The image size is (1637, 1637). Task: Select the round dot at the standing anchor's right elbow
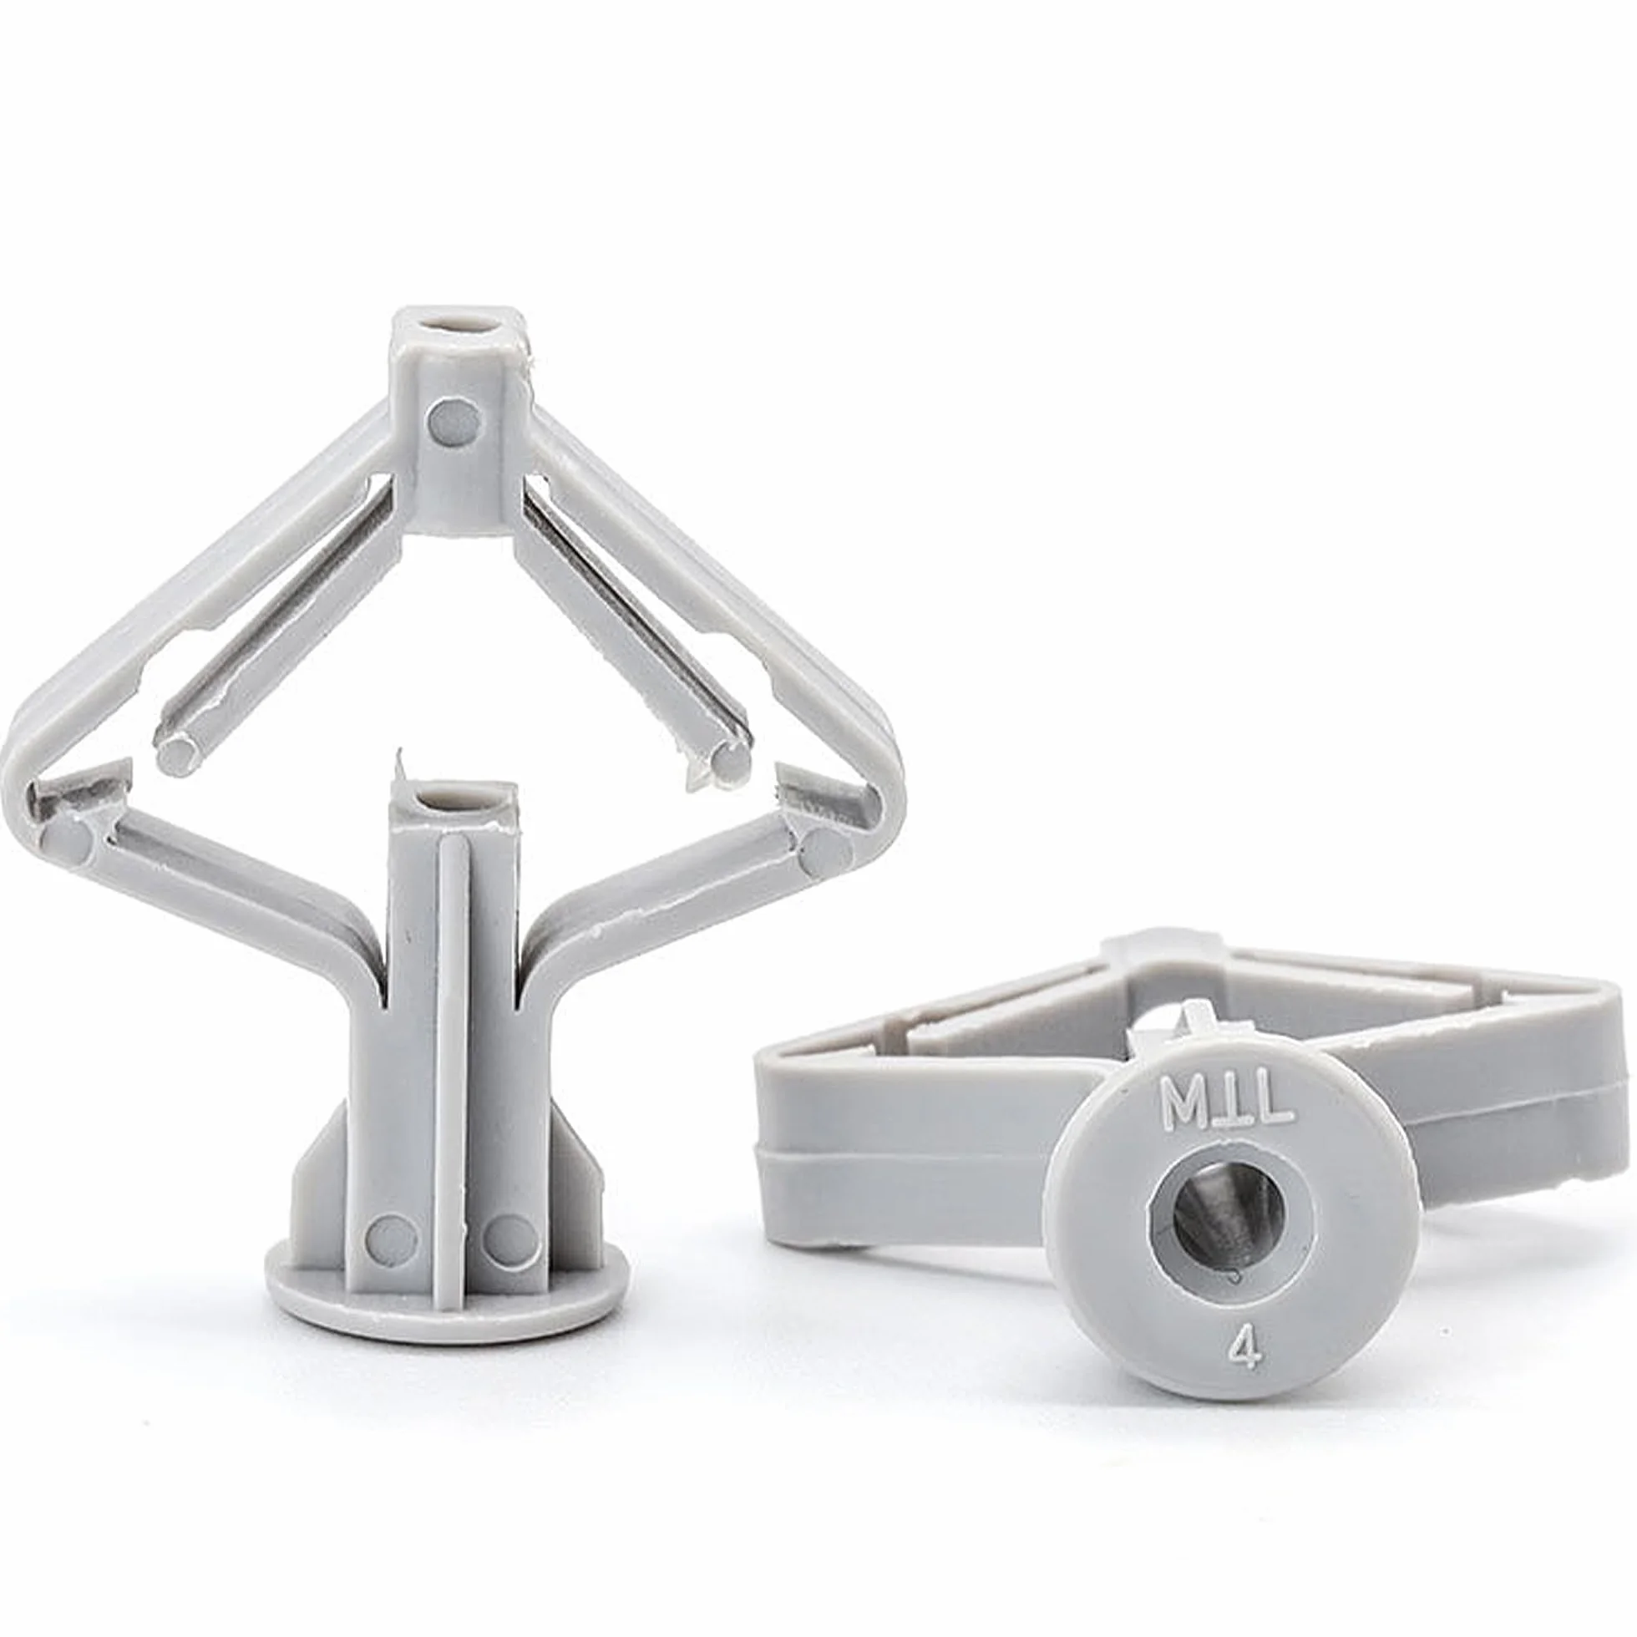824,851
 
